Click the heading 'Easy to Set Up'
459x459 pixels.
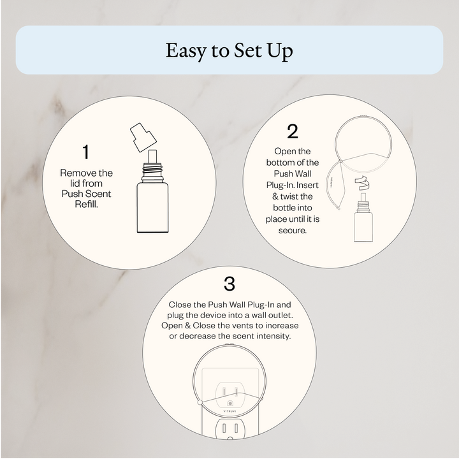point(229,50)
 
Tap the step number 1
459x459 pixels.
point(86,152)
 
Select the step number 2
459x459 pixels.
point(293,131)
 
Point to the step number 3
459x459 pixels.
point(229,282)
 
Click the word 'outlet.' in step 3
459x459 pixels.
point(277,316)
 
